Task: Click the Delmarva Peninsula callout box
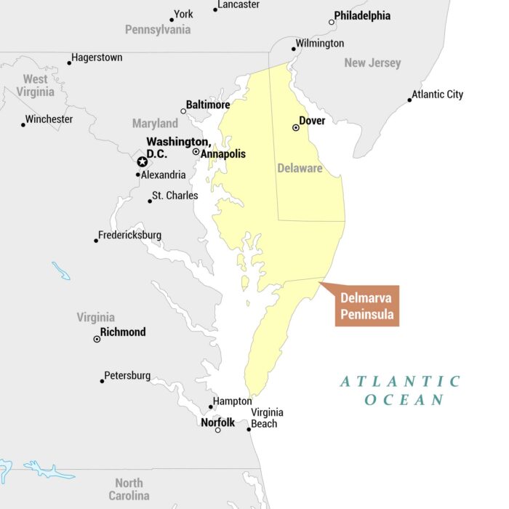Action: pyautogui.click(x=367, y=305)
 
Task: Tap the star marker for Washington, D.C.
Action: pyautogui.click(x=142, y=161)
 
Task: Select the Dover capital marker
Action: pyautogui.click(x=296, y=127)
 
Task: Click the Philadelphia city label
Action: pyautogui.click(x=362, y=15)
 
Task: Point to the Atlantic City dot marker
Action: pyautogui.click(x=409, y=100)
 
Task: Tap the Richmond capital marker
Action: pyautogui.click(x=97, y=339)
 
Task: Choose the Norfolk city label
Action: pyautogui.click(x=218, y=422)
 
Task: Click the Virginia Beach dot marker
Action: pyautogui.click(x=249, y=429)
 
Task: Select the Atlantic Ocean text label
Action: pyautogui.click(x=402, y=390)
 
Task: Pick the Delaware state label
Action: pyautogui.click(x=300, y=168)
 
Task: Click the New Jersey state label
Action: pyautogui.click(x=372, y=63)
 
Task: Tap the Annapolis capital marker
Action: pyautogui.click(x=196, y=151)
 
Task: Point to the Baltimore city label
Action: pyautogui.click(x=208, y=105)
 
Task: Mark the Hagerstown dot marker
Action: pyautogui.click(x=70, y=63)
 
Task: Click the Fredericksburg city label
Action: pyautogui.click(x=130, y=235)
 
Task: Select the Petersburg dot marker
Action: pyautogui.click(x=102, y=381)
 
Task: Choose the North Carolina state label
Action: pyautogui.click(x=129, y=489)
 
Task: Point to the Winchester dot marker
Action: pyautogui.click(x=23, y=124)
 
